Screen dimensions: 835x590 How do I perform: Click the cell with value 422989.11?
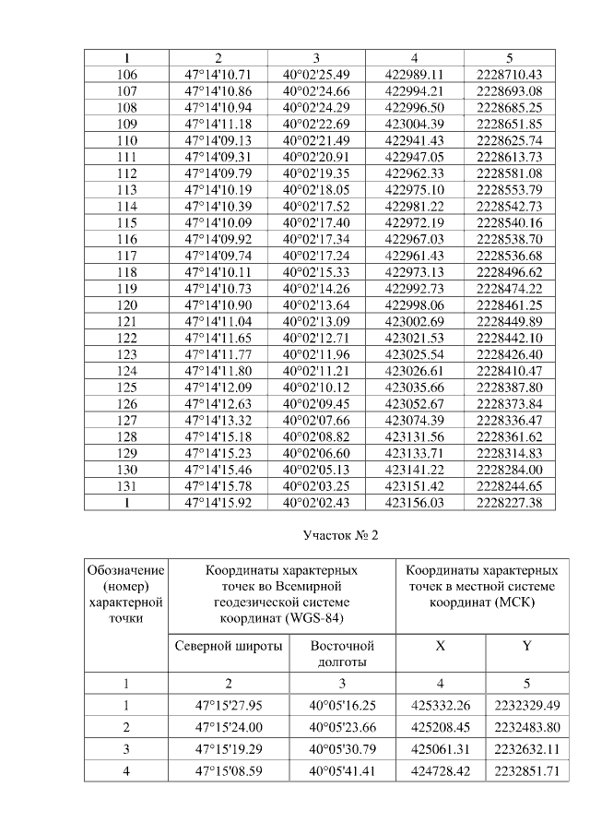[415, 74]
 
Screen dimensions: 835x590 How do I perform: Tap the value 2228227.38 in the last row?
[510, 502]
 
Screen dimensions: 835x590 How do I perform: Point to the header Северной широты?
[229, 646]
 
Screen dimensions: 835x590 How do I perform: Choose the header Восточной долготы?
[342, 653]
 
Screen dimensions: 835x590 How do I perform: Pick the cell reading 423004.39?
[415, 123]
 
